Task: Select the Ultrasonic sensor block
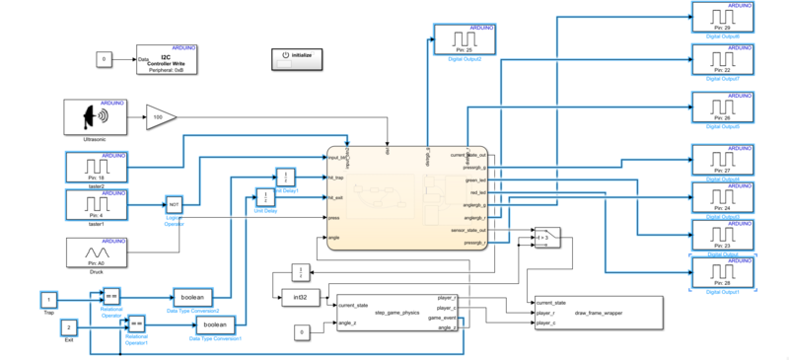pos(98,118)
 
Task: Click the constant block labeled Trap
pos(48,298)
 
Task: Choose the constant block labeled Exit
pos(69,326)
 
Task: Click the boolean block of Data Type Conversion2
pos(200,296)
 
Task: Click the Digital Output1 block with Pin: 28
pos(722,269)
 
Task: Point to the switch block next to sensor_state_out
pos(575,237)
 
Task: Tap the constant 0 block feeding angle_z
pos(303,331)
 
